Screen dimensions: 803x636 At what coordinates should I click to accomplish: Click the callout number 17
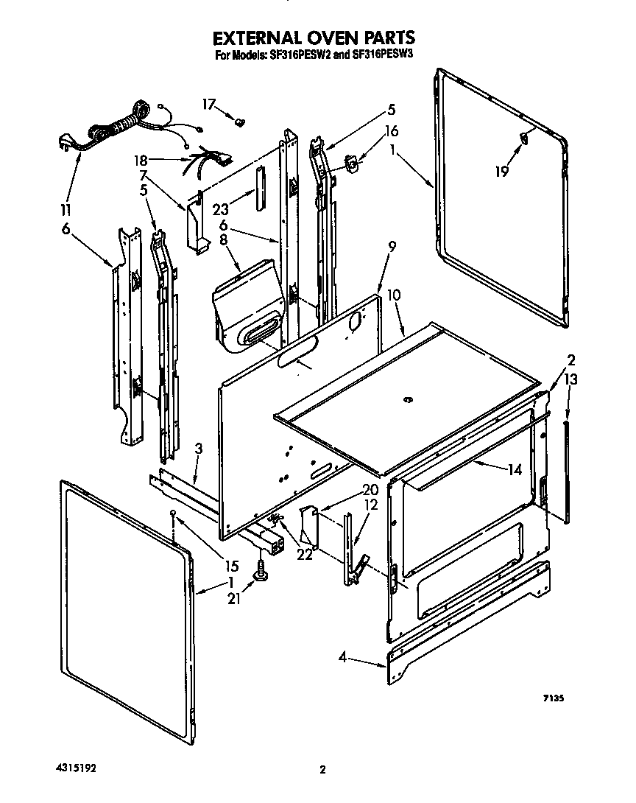pos(208,105)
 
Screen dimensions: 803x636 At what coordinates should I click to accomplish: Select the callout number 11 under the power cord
pos(67,209)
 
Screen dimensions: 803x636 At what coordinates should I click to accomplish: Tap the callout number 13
pos(571,379)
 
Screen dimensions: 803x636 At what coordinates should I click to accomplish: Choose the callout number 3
pos(199,449)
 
